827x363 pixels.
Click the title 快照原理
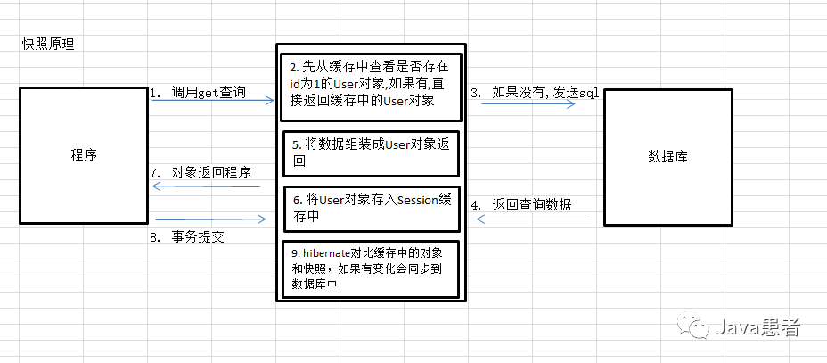click(x=48, y=45)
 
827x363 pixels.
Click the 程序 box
click(x=83, y=154)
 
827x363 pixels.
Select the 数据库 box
click(x=668, y=155)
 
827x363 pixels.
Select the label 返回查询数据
click(x=531, y=204)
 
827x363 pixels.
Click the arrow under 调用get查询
click(x=212, y=102)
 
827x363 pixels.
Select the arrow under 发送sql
click(x=528, y=104)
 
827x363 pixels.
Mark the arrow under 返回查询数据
click(x=533, y=219)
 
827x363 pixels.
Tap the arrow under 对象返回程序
click(x=207, y=187)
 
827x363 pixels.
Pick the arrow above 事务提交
click(x=210, y=219)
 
